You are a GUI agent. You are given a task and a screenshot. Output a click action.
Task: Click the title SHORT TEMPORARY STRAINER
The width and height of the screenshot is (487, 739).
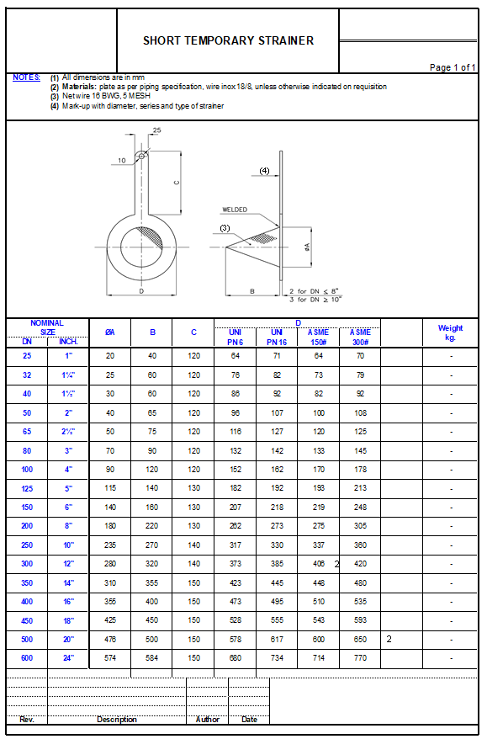pos(228,40)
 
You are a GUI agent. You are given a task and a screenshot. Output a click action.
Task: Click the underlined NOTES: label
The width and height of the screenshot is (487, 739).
pos(26,77)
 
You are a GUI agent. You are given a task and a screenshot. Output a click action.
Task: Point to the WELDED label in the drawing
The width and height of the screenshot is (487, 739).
pos(235,210)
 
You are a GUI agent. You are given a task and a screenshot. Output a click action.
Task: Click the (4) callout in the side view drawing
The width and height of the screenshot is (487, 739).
pos(264,171)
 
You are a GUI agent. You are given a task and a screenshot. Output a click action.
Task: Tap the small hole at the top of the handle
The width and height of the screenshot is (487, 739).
pos(141,155)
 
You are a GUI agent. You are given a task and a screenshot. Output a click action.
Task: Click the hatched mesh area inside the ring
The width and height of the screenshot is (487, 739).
pos(151,236)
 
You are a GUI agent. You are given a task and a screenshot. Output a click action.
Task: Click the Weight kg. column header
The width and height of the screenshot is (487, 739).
pos(450,332)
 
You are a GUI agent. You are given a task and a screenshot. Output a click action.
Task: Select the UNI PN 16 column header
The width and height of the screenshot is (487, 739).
pos(277,337)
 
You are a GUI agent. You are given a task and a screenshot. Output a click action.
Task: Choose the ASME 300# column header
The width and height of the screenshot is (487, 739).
pos(360,337)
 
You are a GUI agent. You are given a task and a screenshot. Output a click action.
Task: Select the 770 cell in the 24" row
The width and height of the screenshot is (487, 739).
pos(360,658)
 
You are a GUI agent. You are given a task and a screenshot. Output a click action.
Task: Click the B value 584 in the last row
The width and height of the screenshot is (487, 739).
pos(152,658)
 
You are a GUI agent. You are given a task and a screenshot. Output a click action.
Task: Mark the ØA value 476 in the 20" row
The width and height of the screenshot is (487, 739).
pos(109,640)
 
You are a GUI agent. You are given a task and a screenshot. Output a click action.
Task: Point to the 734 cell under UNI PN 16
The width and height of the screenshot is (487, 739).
pos(277,658)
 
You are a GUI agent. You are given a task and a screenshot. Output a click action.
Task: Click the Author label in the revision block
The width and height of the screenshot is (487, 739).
pos(207,720)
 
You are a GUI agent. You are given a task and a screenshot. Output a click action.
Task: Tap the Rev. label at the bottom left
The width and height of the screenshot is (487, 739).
pos(27,720)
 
